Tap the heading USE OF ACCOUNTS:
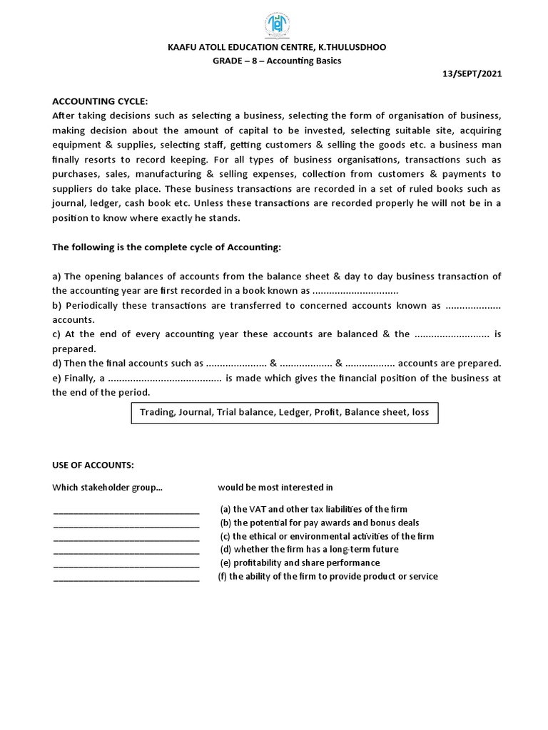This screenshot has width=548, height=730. [x=93, y=465]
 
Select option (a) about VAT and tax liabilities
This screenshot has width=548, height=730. [x=314, y=509]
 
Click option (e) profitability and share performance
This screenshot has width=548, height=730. [x=299, y=563]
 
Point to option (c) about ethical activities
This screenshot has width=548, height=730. [x=327, y=536]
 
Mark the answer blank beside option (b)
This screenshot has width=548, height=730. [x=126, y=523]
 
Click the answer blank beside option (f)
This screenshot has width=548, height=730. [x=126, y=577]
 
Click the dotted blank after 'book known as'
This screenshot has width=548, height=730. [x=355, y=291]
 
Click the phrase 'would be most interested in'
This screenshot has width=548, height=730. [x=275, y=488]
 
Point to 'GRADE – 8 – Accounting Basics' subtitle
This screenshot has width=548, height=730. [x=277, y=61]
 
